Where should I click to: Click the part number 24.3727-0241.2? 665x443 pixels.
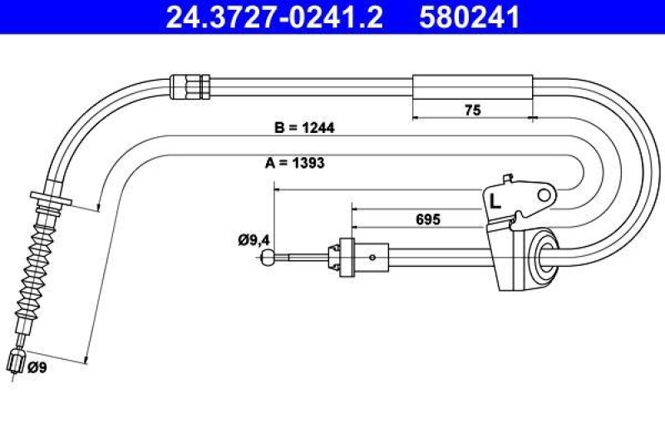tap(274, 17)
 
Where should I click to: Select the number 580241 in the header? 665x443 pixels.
tap(470, 17)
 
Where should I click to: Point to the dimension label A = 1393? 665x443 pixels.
tap(294, 163)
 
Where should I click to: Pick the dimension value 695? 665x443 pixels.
tap(426, 220)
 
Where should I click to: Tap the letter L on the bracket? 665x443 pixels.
tap(495, 200)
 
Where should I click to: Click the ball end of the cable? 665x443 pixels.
tap(268, 258)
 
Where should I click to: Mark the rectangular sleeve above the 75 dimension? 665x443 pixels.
tap(471, 85)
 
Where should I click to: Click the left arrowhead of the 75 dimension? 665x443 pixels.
tap(416, 118)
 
